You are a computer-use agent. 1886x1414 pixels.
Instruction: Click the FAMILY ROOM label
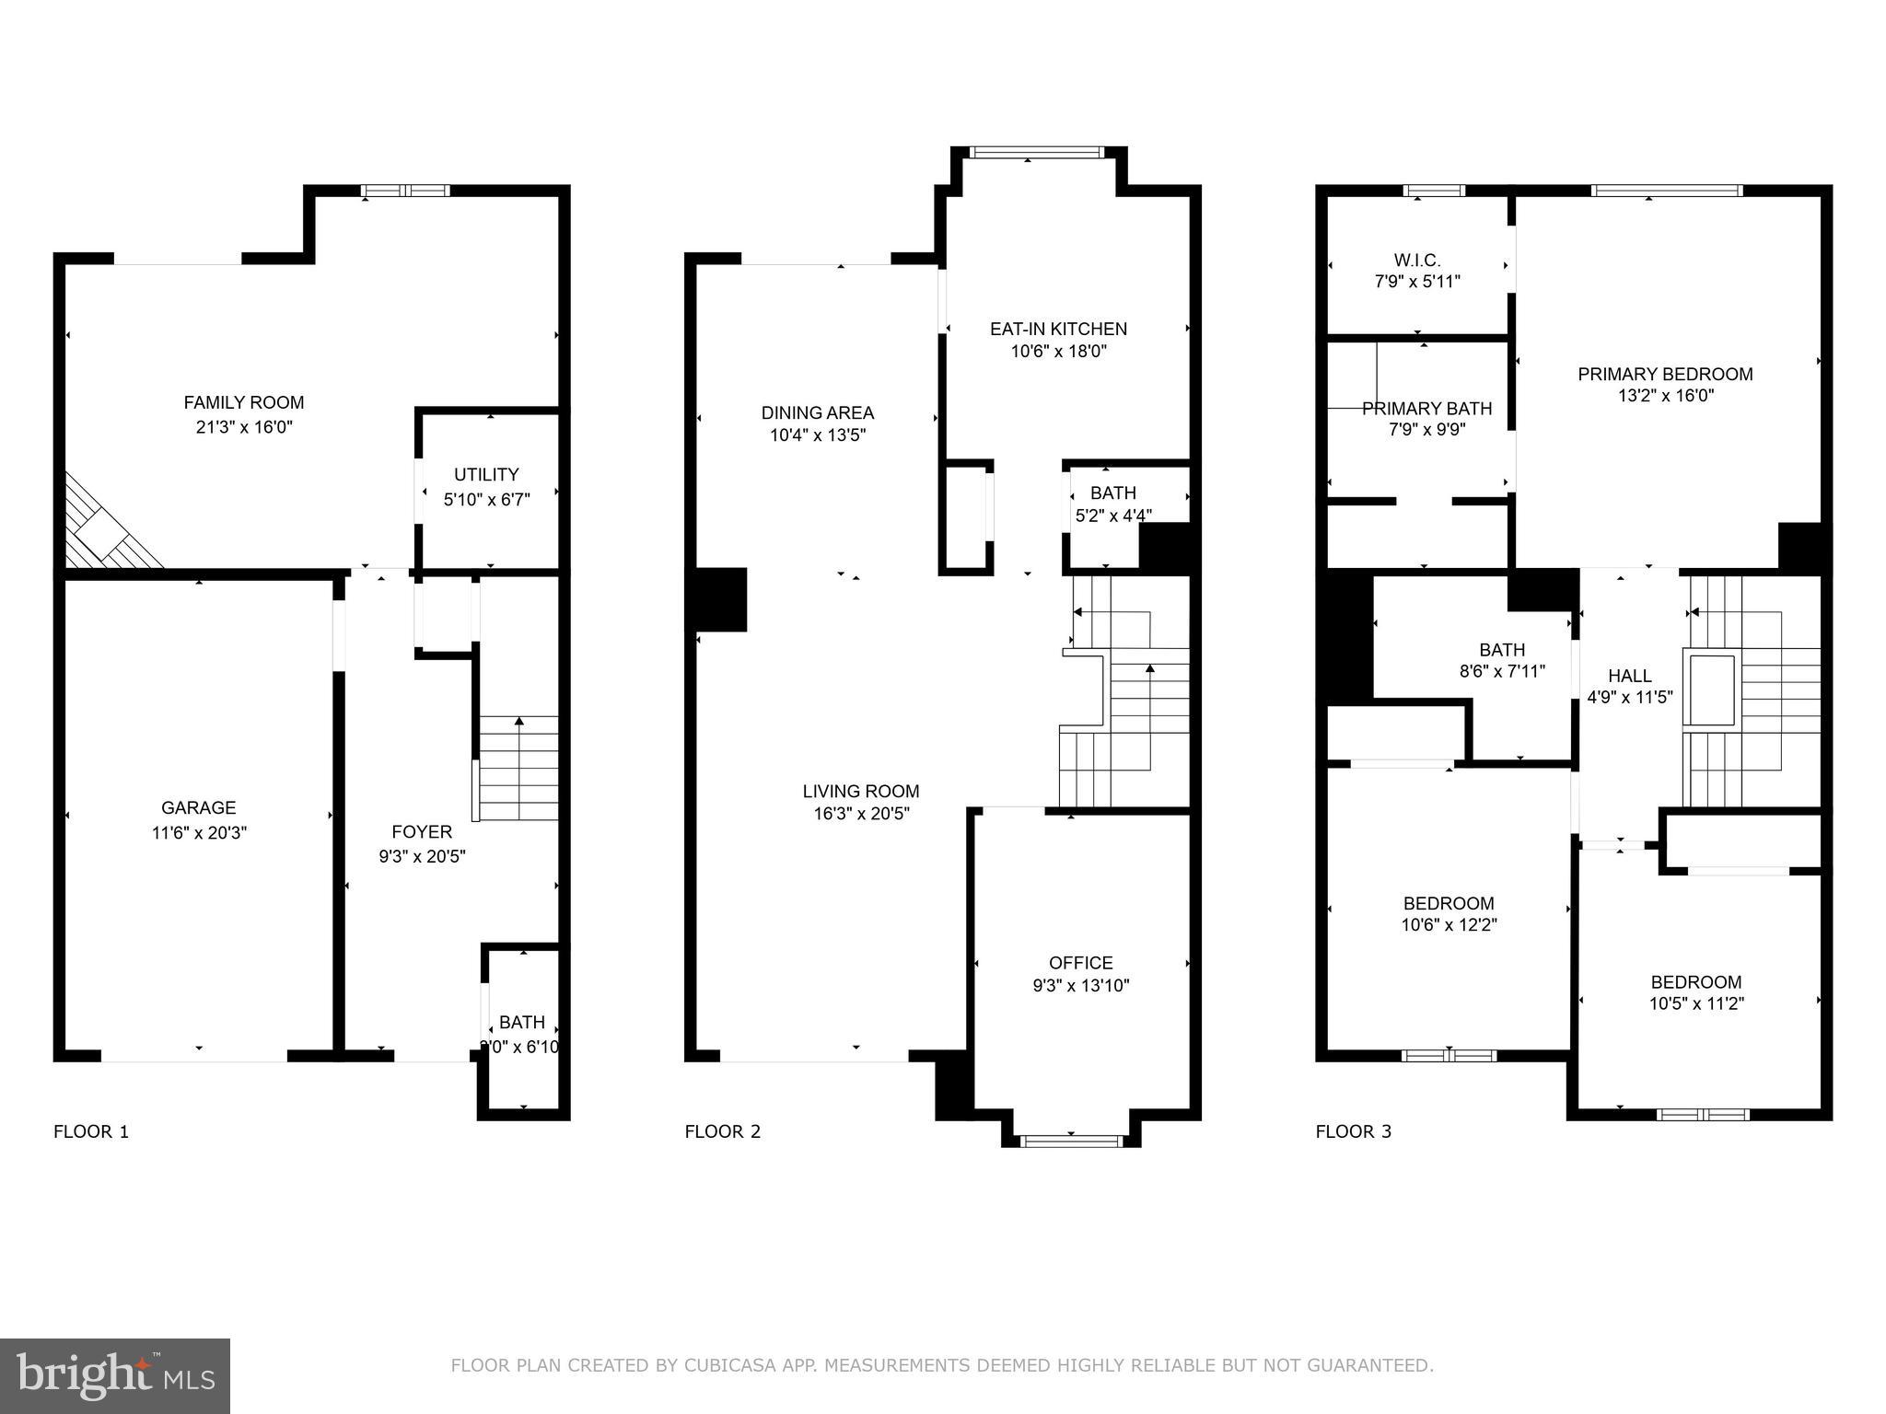click(243, 402)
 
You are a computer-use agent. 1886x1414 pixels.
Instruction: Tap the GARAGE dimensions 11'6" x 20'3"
click(199, 833)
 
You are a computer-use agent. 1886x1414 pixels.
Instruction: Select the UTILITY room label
click(486, 474)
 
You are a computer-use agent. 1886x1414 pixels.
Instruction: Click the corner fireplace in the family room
click(106, 531)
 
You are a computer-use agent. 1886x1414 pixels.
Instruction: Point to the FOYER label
click(422, 831)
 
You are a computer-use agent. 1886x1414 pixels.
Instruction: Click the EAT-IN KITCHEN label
click(1058, 329)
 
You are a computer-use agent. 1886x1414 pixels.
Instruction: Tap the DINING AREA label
click(817, 412)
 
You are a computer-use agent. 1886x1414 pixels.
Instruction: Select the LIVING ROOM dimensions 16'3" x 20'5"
click(861, 814)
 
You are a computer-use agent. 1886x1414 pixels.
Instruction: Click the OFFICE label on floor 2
click(1081, 962)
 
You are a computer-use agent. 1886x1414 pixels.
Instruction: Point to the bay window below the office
click(1071, 1141)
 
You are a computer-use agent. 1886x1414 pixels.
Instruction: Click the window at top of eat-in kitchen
click(1036, 153)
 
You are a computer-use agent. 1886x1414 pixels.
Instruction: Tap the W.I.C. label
click(1416, 261)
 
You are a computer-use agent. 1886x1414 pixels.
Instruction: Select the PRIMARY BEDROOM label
click(1665, 374)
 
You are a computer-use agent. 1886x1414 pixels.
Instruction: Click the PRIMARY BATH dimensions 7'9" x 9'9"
click(1426, 430)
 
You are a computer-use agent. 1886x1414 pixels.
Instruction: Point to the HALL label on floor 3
click(1629, 676)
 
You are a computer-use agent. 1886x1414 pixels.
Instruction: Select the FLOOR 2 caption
click(722, 1131)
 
